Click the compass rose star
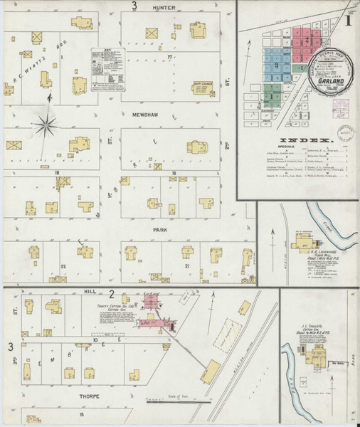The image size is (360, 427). click(x=47, y=125)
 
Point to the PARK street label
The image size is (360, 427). click(x=159, y=231)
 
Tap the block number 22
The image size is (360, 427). click(x=63, y=265)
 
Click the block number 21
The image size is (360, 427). click(x=187, y=265)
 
